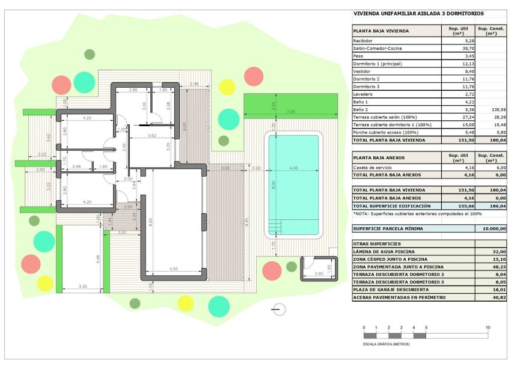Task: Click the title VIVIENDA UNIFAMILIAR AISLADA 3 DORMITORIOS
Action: pos(418,13)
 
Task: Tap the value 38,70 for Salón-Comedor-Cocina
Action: pos(451,48)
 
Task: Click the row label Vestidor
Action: pos(363,71)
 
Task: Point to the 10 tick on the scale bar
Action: pos(488,328)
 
